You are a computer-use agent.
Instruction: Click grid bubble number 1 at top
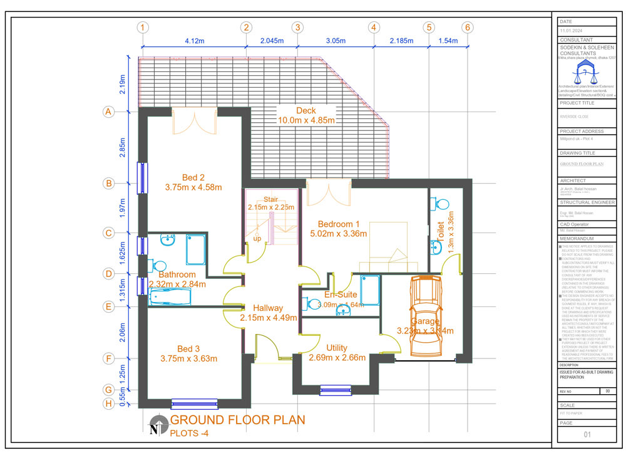tap(143, 28)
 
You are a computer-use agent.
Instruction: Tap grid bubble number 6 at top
tap(467, 28)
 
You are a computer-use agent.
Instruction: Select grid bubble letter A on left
tap(108, 112)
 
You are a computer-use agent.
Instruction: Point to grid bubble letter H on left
tap(108, 404)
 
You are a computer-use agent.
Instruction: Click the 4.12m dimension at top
tap(194, 41)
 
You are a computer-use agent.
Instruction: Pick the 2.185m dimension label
tap(401, 41)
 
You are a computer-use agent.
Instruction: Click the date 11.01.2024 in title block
tap(572, 31)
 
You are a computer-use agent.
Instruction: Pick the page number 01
tap(587, 434)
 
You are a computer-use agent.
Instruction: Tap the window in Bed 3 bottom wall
tap(194, 404)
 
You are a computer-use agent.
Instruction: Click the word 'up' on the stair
tap(257, 239)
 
